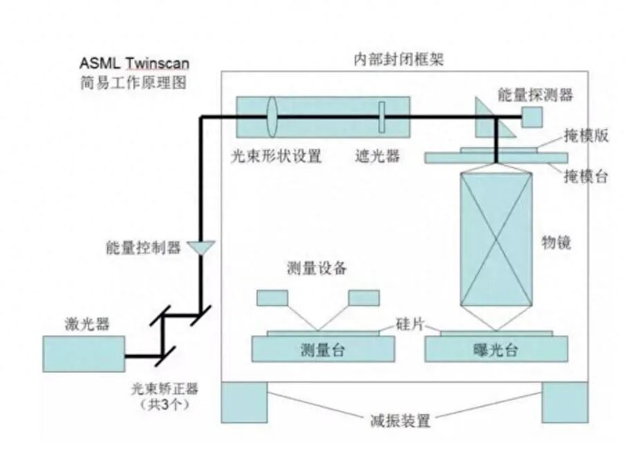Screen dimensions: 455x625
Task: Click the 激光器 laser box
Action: coord(84,353)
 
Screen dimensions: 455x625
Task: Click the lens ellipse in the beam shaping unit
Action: coord(271,118)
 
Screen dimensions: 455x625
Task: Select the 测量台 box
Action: coord(324,349)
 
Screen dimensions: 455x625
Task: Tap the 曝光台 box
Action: coord(496,349)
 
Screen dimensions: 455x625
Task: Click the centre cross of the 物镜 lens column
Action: coord(496,241)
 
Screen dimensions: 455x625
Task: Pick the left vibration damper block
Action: coord(244,402)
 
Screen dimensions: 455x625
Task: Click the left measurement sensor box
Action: coord(272,298)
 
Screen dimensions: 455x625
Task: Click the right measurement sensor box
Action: coord(364,298)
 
